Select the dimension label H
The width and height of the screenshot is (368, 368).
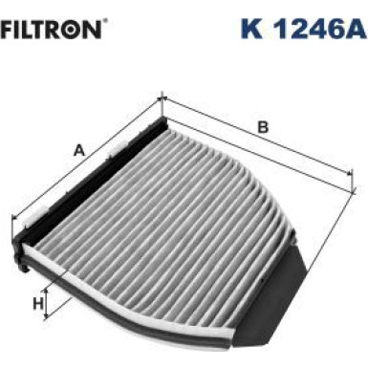pyautogui.click(x=39, y=304)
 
